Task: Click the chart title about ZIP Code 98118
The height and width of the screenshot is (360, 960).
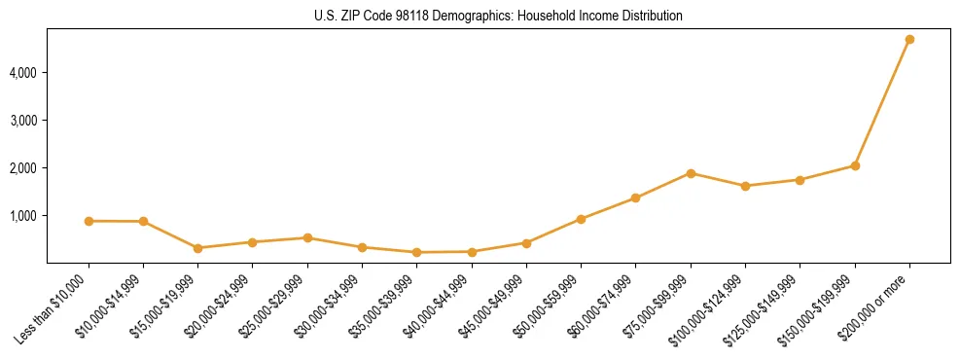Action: (x=498, y=17)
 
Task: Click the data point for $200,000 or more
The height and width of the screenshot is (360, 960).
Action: (x=909, y=40)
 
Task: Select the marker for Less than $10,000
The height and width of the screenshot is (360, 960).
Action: (x=89, y=221)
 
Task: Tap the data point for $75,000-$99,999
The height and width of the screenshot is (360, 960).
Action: (x=691, y=173)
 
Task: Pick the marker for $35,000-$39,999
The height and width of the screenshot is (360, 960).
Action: (x=416, y=252)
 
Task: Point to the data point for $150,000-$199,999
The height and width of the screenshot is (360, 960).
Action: (x=855, y=165)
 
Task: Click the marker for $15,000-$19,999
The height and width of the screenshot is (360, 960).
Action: (x=197, y=248)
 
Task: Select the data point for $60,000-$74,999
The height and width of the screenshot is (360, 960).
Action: (x=635, y=198)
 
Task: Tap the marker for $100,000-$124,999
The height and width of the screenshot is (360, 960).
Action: (x=745, y=186)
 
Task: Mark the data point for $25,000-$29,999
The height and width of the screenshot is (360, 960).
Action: (x=307, y=237)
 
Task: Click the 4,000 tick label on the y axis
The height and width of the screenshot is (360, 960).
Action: (x=22, y=73)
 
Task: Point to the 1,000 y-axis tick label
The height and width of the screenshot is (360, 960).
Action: (x=22, y=216)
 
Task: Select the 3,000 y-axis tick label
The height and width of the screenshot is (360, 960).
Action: (x=22, y=121)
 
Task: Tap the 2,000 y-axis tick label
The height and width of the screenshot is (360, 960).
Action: (x=22, y=168)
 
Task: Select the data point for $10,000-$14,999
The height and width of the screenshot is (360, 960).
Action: (x=143, y=221)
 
